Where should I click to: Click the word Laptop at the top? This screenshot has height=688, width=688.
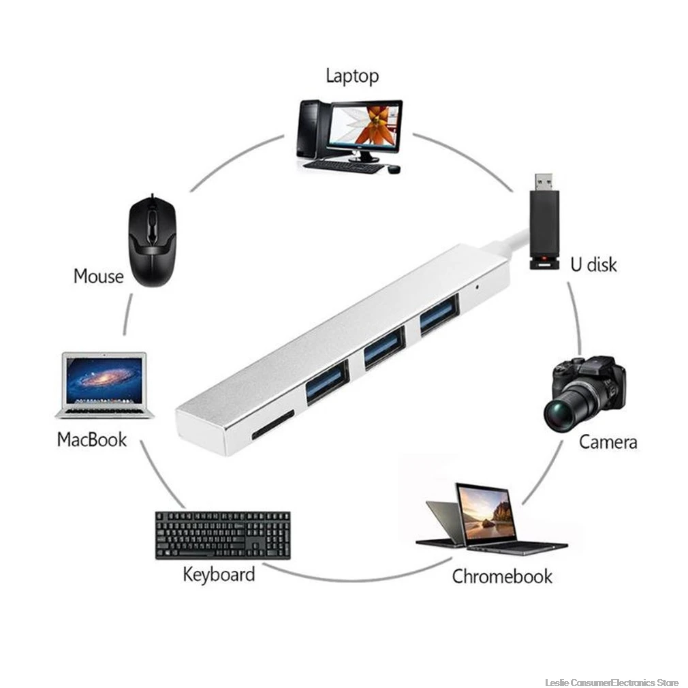point(352,76)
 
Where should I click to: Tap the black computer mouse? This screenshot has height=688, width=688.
point(153,240)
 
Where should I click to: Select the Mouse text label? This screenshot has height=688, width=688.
point(98,277)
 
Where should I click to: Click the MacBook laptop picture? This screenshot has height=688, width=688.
point(105,386)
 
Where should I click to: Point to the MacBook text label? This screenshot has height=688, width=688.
point(92,439)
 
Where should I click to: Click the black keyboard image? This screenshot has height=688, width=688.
point(223,535)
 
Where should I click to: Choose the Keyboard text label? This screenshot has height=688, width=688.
point(219,574)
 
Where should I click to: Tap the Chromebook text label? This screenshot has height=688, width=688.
point(503,576)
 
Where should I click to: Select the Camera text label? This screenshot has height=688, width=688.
point(608,442)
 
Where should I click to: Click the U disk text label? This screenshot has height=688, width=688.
point(594,264)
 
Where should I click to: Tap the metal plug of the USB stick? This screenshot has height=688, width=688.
point(546,182)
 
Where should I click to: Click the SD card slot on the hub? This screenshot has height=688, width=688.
point(272,425)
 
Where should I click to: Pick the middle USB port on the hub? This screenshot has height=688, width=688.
point(384,347)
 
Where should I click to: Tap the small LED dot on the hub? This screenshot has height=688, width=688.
point(477,288)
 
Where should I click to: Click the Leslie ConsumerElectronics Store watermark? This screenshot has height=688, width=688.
point(612,683)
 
